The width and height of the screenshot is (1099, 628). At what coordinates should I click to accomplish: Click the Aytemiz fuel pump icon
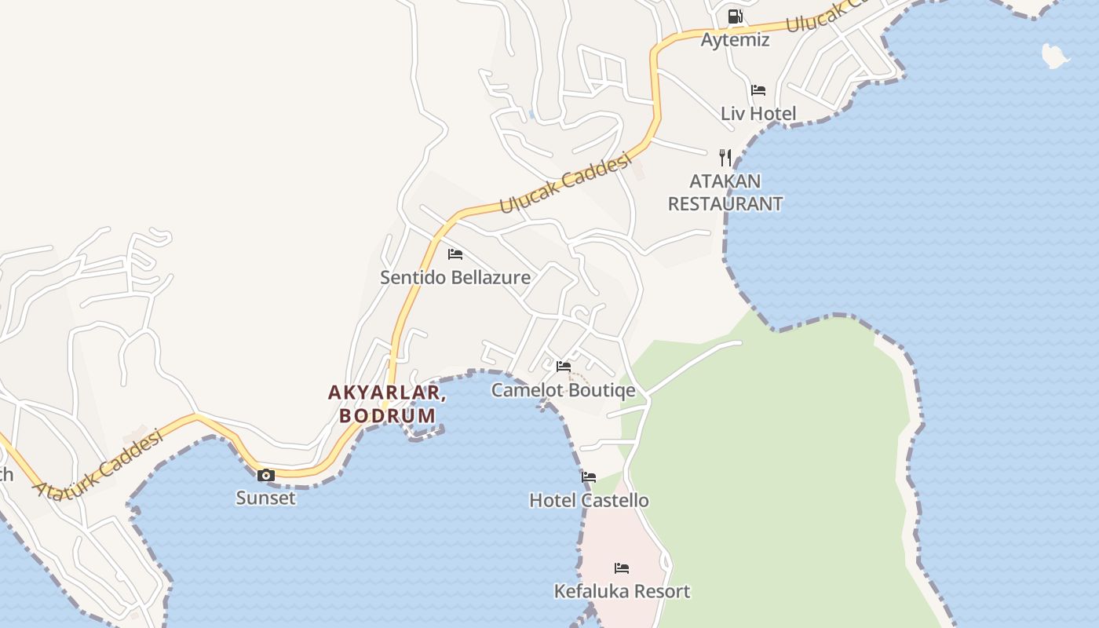pos(735,16)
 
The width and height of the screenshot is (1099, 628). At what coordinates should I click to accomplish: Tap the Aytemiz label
pos(735,39)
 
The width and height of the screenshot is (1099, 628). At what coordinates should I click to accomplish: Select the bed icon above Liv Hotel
pos(758,90)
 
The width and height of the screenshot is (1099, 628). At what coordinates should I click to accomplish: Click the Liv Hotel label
pos(758,114)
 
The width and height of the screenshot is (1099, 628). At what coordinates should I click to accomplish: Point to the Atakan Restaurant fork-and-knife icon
pos(725,158)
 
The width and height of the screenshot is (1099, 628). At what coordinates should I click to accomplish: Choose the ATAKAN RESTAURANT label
pos(725,192)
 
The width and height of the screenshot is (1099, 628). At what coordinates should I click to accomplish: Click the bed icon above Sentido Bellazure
pos(455,254)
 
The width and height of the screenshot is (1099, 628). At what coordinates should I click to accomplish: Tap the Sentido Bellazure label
pos(455,277)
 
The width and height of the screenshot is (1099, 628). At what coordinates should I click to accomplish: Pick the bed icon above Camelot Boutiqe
pos(564,367)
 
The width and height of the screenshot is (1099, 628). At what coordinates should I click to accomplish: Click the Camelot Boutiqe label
pos(564,390)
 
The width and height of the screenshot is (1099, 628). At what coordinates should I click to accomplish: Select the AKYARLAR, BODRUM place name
pos(388,403)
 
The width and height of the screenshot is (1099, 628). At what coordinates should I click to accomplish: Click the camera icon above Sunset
pos(266,475)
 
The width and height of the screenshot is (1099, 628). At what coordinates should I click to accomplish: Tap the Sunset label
pos(266,498)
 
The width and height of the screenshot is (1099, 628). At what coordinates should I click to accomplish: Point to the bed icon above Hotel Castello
pos(589,477)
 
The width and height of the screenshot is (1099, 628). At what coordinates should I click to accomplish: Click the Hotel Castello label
pos(589,500)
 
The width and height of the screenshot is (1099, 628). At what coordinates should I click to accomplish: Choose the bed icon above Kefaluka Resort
pos(622,568)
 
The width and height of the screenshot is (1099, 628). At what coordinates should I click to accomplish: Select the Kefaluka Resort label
pos(622,591)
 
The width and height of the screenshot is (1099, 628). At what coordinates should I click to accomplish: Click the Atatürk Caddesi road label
pos(99,465)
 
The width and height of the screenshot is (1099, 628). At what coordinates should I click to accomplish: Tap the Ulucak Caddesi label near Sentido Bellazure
pos(566,183)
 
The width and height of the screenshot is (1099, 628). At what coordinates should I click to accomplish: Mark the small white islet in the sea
pos(1055,55)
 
